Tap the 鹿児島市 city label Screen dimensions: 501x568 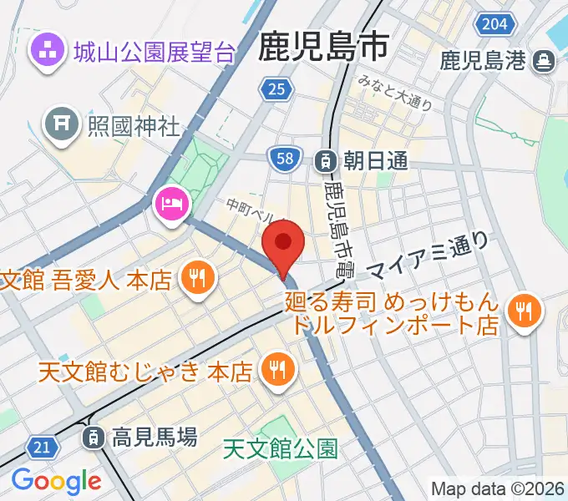(x=324, y=45)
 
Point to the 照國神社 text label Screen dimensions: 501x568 (x=134, y=126)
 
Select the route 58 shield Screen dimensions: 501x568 (x=284, y=158)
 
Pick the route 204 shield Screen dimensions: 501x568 (x=494, y=23)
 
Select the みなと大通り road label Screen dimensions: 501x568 (x=394, y=92)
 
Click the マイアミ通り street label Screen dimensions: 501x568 (x=428, y=256)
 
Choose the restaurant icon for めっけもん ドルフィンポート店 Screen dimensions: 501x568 (x=524, y=312)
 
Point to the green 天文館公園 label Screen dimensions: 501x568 (x=281, y=450)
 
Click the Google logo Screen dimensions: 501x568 (x=56, y=481)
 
